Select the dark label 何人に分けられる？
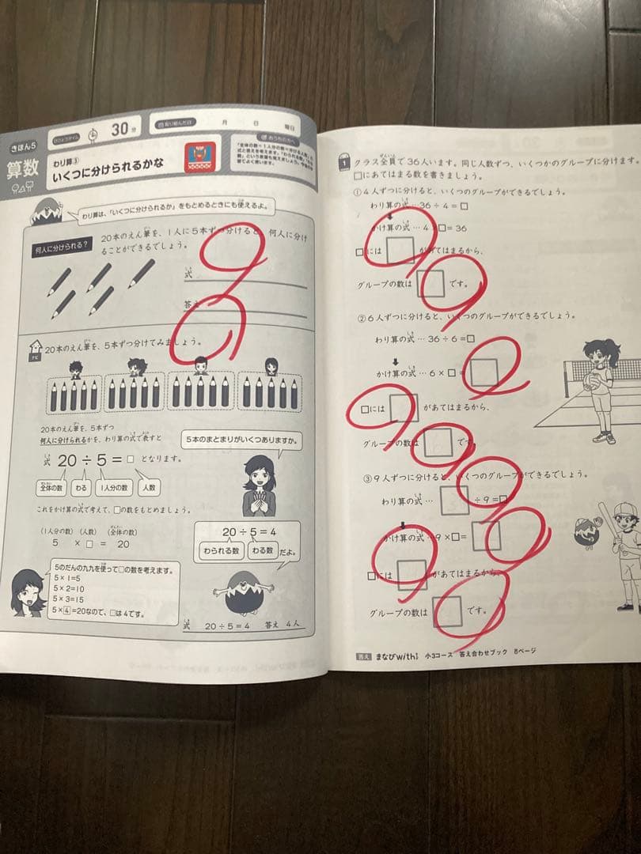tap(59, 248)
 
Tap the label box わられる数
tap(219, 551)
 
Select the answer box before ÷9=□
tap(449, 498)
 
